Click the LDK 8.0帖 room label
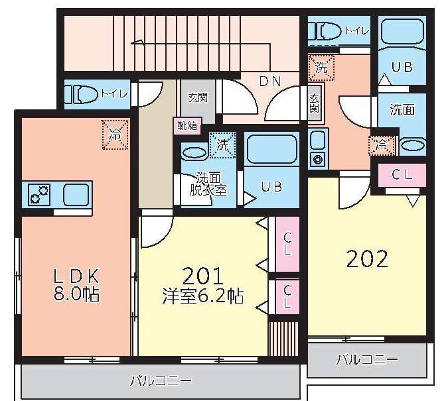76,285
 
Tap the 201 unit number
202,276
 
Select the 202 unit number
367,259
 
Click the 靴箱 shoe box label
187,125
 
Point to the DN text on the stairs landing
270,82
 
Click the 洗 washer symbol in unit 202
321,68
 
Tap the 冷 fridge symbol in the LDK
115,135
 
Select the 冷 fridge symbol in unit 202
382,146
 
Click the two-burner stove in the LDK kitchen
39,195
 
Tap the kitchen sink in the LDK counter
76,195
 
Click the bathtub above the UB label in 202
402,32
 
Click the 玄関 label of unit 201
198,97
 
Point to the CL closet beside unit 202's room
402,175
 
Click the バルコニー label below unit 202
367,360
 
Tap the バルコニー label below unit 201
161,380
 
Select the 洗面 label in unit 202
402,109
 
